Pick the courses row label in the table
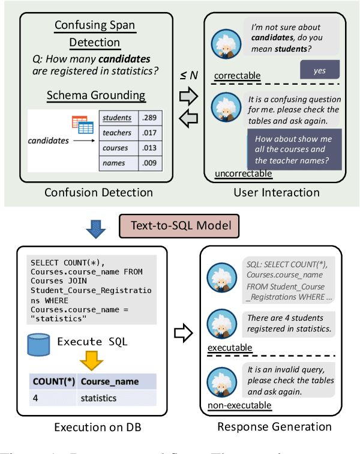pos(115,148)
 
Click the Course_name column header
pos(109,381)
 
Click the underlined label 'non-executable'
pos(239,405)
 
